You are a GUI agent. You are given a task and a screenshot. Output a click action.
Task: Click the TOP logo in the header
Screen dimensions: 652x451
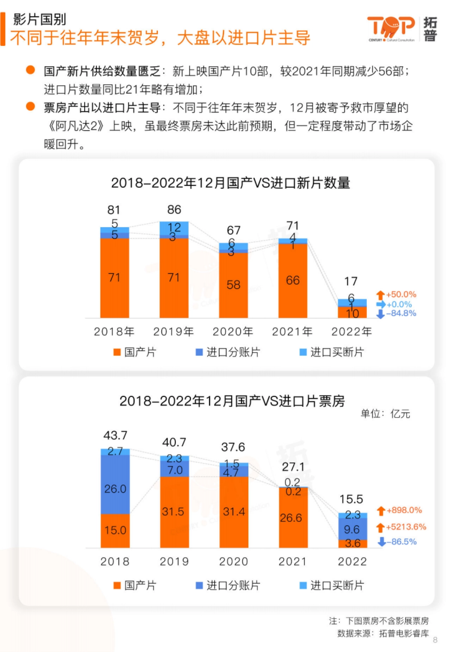point(391,28)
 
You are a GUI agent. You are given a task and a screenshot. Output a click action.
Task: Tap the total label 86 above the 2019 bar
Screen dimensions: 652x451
point(174,210)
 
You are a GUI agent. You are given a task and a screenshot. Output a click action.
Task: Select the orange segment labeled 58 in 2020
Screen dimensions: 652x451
point(233,284)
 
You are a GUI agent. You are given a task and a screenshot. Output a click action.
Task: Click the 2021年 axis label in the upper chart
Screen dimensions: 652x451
point(292,331)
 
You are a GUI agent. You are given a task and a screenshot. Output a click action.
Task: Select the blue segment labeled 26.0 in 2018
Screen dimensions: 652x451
point(115,488)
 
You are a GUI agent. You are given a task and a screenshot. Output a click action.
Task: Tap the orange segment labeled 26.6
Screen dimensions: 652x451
point(291,518)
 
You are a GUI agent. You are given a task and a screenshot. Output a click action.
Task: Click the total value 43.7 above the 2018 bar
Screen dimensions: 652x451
point(115,435)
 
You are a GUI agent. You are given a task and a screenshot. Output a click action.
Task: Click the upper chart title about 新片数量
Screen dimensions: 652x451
point(230,183)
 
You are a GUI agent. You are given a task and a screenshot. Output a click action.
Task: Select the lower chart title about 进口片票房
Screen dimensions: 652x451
point(232,401)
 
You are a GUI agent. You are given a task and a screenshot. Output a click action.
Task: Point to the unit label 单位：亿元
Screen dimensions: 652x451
point(385,414)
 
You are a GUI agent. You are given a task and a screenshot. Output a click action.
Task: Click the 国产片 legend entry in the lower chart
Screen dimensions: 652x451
point(135,585)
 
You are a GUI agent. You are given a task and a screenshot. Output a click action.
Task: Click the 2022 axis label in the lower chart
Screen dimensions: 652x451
point(352,561)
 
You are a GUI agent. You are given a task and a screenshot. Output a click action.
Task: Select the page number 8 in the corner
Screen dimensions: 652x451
point(435,640)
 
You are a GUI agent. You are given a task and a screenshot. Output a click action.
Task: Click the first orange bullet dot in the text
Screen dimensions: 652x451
point(30,70)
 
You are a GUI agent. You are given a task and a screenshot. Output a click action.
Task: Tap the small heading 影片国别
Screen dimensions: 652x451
point(39,19)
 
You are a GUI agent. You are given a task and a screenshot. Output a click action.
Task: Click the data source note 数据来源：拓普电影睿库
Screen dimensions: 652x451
point(383,634)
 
